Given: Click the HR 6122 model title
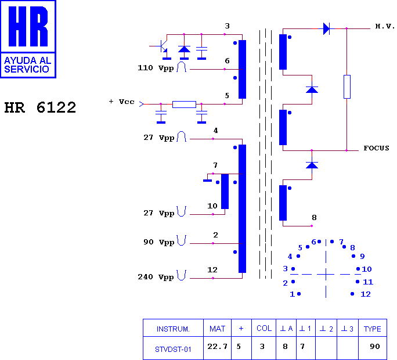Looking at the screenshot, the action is (40, 107).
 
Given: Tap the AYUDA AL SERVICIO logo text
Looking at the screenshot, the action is (28, 65).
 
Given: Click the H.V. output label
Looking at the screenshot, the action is (385, 26).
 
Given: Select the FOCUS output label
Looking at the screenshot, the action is (376, 148).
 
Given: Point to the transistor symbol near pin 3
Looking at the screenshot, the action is (162, 46).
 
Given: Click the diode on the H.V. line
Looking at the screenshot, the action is (326, 28).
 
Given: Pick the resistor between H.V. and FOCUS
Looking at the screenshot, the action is (347, 87).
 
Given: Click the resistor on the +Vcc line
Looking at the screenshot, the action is (184, 104).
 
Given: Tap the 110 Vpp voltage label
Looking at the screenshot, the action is (156, 68).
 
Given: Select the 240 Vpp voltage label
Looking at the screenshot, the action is (156, 277).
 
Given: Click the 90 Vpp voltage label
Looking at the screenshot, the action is (159, 242).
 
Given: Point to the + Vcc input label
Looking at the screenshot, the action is (121, 102).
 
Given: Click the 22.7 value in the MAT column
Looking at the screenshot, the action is (217, 346).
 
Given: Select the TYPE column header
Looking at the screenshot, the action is (372, 329).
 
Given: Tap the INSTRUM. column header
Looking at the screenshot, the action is (173, 329).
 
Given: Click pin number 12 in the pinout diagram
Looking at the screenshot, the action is (365, 294).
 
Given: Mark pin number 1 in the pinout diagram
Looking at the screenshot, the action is (292, 294).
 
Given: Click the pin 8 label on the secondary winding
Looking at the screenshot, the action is (314, 218).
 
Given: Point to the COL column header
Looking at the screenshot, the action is (264, 328).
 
